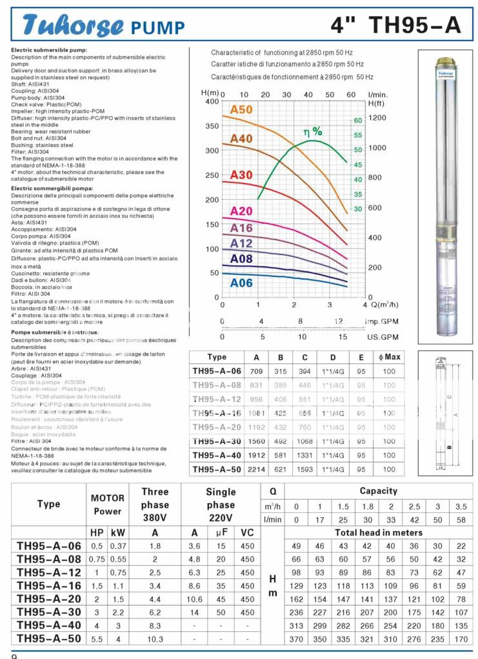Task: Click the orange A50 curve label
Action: coord(241,110)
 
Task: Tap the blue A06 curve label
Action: coord(241,283)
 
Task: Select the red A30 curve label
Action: coord(241,175)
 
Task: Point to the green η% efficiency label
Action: coord(313,132)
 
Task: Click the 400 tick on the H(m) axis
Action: coord(212,102)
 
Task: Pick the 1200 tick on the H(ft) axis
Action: coord(377,118)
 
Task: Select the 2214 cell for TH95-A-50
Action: coord(257,470)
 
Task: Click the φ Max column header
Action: coord(390,357)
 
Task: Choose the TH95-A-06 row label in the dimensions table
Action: coord(217,371)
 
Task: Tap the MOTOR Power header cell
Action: coord(107,504)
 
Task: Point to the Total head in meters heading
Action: coord(379,533)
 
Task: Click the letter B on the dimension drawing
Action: coord(448,446)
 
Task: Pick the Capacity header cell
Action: coord(379,491)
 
